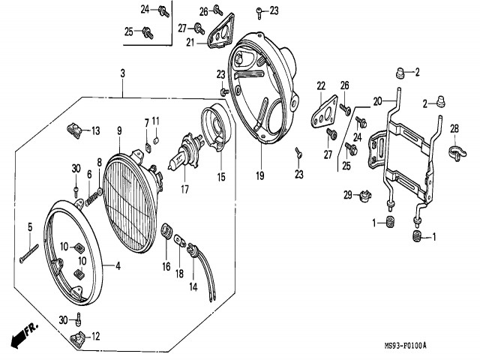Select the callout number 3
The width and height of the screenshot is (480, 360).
tap(122, 73)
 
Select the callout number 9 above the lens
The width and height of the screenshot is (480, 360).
tap(118, 131)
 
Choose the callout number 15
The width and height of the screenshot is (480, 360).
tap(221, 177)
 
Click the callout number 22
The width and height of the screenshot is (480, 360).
tap(320, 85)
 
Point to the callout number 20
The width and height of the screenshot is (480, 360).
tap(377, 100)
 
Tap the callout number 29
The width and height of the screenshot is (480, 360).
tap(348, 195)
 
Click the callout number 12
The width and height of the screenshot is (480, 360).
tap(94, 337)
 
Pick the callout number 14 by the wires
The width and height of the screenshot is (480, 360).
tap(192, 286)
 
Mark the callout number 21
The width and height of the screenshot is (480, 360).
tap(190, 42)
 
